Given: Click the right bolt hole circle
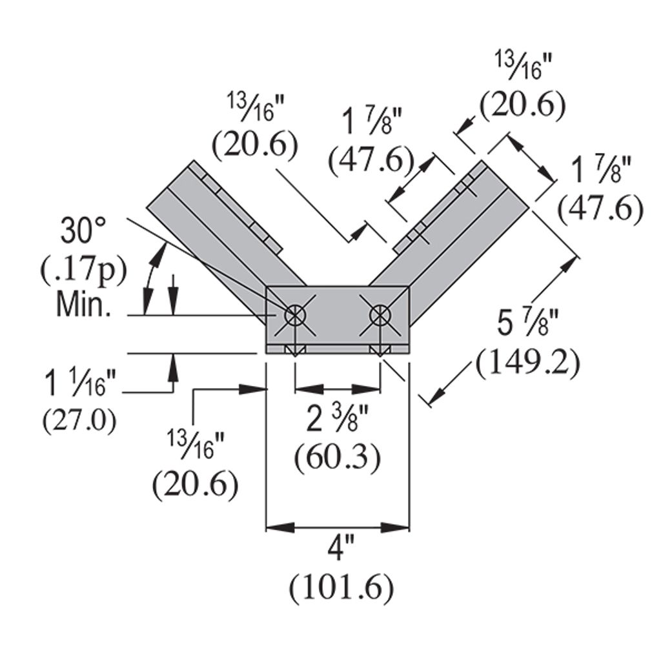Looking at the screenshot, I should (379, 316).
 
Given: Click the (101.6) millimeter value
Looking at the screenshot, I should (341, 588).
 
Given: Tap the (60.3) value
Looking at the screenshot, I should (336, 458).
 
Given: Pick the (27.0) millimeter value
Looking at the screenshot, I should (80, 421).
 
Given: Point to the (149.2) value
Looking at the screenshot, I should (527, 364).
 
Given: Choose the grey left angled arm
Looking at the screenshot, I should (213, 226).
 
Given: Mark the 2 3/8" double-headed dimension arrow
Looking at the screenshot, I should (337, 389).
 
